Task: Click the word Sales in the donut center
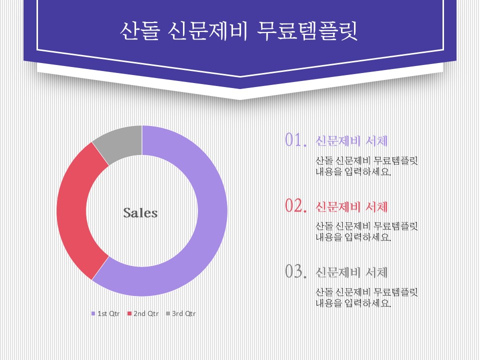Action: click(140, 213)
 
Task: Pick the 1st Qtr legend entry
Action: click(105, 313)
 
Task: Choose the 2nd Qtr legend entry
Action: click(143, 313)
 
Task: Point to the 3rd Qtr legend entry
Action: click(180, 313)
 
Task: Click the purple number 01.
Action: click(295, 140)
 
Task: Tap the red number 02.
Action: click(295, 205)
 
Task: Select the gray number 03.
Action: click(295, 271)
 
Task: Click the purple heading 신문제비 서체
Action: click(351, 141)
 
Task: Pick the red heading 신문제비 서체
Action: click(351, 207)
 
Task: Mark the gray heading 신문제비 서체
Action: click(351, 272)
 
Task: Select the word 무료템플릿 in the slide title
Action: click(307, 31)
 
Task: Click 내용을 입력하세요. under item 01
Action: click(353, 171)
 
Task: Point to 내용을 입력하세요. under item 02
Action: click(353, 237)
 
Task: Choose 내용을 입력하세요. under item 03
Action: click(353, 303)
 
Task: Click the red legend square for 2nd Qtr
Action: click(129, 313)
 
